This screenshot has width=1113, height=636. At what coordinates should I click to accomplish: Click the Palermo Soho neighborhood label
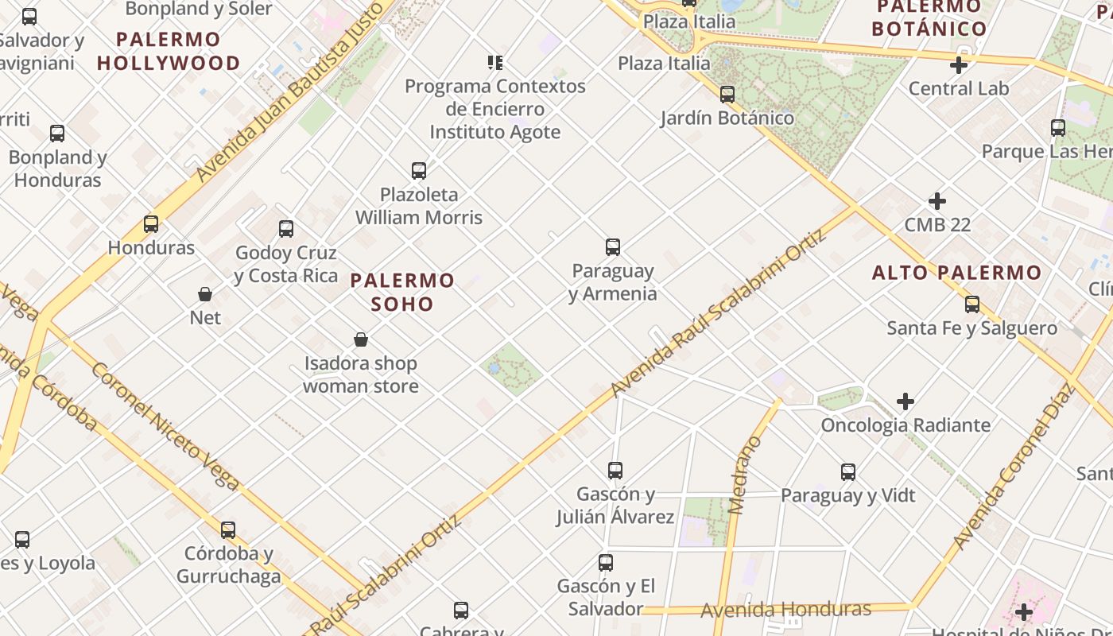[x=402, y=292]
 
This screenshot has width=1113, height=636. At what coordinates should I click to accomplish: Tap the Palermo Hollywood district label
[x=168, y=51]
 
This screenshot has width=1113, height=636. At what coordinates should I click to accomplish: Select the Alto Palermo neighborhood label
[x=956, y=273]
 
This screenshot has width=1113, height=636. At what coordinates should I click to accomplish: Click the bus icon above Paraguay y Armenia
[x=612, y=247]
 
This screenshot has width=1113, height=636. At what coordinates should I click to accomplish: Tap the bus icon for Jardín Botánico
[x=727, y=95]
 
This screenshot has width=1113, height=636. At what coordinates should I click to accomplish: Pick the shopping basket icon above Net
[x=205, y=294]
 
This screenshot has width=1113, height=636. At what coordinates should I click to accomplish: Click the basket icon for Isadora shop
[x=361, y=340]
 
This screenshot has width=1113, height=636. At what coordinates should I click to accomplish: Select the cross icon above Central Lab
[x=959, y=65]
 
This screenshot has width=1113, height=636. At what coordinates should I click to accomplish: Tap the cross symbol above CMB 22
[x=937, y=201]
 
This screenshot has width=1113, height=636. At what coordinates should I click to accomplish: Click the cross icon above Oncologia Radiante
[x=905, y=401]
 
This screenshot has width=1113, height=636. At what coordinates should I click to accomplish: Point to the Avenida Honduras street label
[x=785, y=610]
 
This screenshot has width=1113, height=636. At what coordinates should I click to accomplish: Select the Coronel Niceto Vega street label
[x=165, y=426]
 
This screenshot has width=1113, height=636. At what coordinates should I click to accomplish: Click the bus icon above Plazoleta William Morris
[x=419, y=171]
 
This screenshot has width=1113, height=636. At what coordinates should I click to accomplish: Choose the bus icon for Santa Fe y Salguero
[x=971, y=304]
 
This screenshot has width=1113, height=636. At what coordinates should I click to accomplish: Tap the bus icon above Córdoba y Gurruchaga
[x=228, y=530]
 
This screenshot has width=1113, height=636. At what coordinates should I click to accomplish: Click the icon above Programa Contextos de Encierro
[x=495, y=63]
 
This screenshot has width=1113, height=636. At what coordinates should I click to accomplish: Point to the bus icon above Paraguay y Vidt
[x=848, y=472]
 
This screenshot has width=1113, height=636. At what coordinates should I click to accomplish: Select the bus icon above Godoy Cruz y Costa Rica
[x=286, y=230]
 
